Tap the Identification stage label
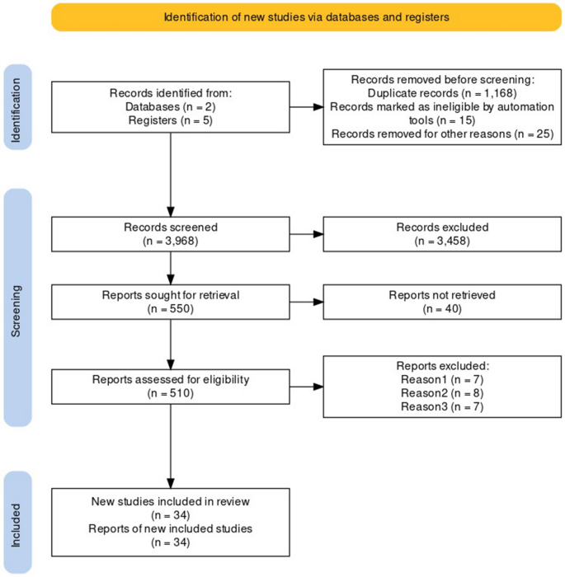(19, 107)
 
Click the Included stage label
(19, 523)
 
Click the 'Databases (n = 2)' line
(170, 107)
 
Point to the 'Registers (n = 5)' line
(170, 120)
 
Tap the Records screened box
(171, 234)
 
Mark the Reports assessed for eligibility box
(171, 386)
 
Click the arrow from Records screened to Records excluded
(306, 234)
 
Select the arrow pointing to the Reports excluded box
(306, 386)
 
